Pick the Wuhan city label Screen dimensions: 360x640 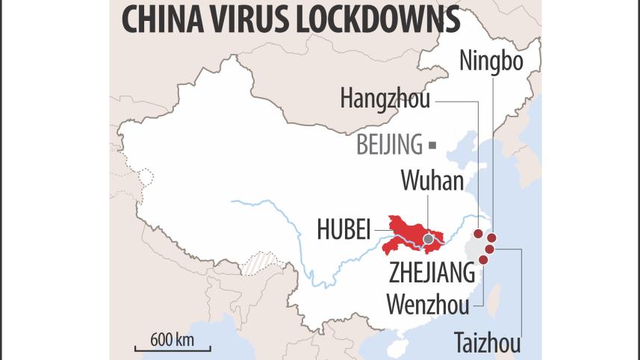coord(432,181)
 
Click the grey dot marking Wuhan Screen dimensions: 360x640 coord(428,240)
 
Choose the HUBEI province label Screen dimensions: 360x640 coord(344,230)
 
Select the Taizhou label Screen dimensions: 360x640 coord(487,344)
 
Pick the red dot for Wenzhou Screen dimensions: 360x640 coord(483,260)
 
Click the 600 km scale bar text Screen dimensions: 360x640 coord(173,338)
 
